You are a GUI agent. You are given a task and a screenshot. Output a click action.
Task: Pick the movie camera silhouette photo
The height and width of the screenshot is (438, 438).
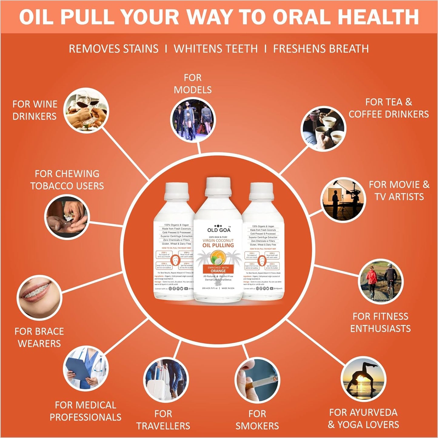click(x=343, y=200)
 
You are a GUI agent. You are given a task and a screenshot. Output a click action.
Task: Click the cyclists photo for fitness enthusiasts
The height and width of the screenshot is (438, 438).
click(x=381, y=282)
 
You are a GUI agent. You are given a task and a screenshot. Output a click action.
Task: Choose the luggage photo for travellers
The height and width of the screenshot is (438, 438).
click(x=166, y=380)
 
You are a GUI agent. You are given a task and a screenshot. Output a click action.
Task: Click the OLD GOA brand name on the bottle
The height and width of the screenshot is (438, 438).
click(x=219, y=230)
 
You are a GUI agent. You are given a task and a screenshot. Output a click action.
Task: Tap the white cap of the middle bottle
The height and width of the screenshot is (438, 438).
click(x=218, y=186)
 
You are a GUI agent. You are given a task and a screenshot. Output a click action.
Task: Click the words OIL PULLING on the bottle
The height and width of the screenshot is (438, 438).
click(x=218, y=245)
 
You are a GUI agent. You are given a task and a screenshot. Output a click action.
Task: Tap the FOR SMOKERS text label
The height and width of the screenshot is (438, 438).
click(x=257, y=420)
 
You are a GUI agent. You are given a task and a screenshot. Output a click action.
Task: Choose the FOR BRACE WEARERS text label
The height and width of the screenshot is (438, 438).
click(x=39, y=337)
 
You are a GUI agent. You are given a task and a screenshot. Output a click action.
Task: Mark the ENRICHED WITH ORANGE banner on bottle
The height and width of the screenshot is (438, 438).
click(x=218, y=269)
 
